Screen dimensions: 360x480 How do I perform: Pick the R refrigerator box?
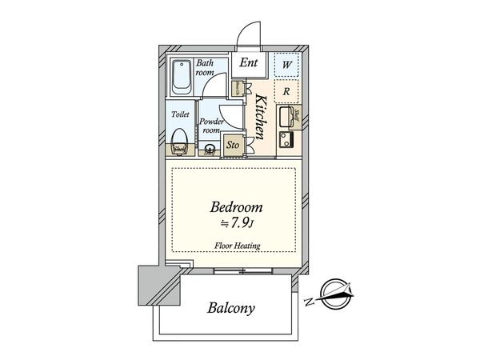[286, 90]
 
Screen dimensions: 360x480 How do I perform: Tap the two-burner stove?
[286, 142]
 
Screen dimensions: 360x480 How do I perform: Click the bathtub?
[181, 78]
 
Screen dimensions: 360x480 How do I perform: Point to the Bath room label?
[204, 66]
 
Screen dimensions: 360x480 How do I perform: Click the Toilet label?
[181, 114]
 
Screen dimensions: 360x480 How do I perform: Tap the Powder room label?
[210, 126]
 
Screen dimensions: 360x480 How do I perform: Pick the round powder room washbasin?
[210, 148]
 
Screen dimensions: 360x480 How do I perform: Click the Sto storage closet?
[234, 145]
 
